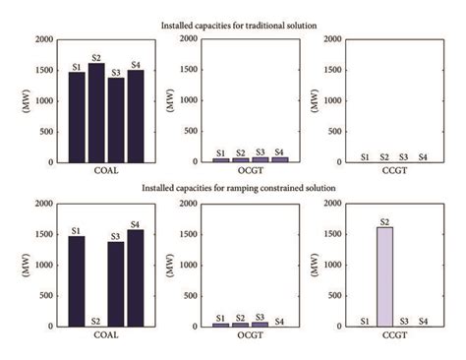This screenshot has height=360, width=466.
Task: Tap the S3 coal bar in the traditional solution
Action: [x=116, y=120]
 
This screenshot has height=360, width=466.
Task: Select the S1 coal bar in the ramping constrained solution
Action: [x=76, y=281]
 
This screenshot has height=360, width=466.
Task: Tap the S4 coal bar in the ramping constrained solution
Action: [x=136, y=278]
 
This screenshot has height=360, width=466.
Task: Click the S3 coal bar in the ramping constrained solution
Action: [x=116, y=284]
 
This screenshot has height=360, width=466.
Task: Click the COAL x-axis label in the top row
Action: [x=105, y=171]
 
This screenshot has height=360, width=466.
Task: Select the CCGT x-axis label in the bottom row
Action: [x=393, y=335]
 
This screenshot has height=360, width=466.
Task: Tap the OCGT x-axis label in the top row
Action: [x=250, y=171]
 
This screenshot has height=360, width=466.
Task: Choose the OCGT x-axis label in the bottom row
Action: [x=250, y=335]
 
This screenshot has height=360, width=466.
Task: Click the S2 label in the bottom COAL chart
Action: [x=96, y=321]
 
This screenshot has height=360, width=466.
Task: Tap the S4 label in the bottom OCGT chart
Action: [x=280, y=321]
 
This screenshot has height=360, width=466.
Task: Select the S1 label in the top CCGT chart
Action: [x=365, y=156]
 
